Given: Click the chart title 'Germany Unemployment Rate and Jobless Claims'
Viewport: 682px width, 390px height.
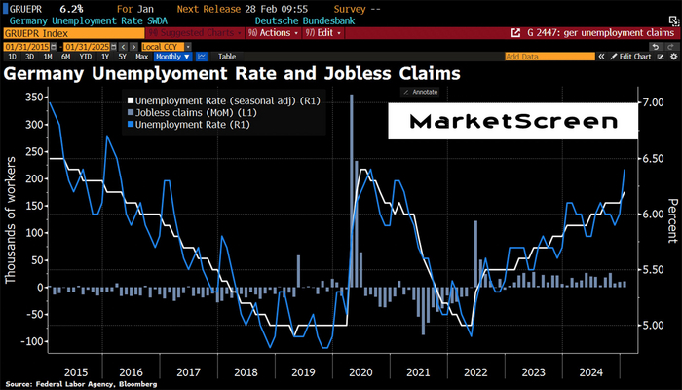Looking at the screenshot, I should pos(232,73).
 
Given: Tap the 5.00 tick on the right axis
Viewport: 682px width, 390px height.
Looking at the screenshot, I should pos(653,326).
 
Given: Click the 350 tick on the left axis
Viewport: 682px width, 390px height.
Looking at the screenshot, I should pos(33,97).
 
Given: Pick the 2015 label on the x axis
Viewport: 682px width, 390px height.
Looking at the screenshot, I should pos(76,370).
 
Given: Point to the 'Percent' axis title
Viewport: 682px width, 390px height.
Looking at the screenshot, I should pos(672,219).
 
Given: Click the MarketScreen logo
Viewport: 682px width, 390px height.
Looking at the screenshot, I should pos(513,123).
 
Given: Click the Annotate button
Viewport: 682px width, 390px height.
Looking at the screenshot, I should pos(422,92).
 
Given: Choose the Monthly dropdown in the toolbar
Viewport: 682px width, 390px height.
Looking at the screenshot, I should pos(173,57).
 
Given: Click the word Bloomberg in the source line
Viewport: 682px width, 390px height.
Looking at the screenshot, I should pos(114,384).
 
